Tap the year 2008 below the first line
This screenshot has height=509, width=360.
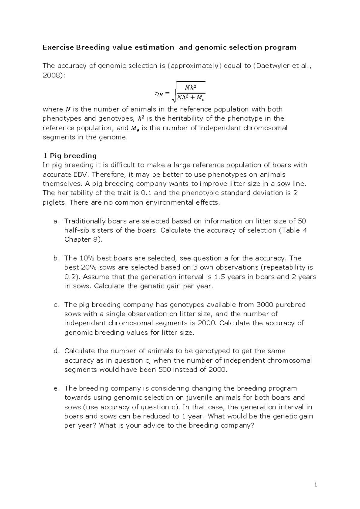click(x=51, y=75)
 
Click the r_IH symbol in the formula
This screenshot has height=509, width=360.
click(x=158, y=94)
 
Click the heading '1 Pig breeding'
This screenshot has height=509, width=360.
click(x=70, y=155)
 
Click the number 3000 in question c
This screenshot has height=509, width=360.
click(x=264, y=305)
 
